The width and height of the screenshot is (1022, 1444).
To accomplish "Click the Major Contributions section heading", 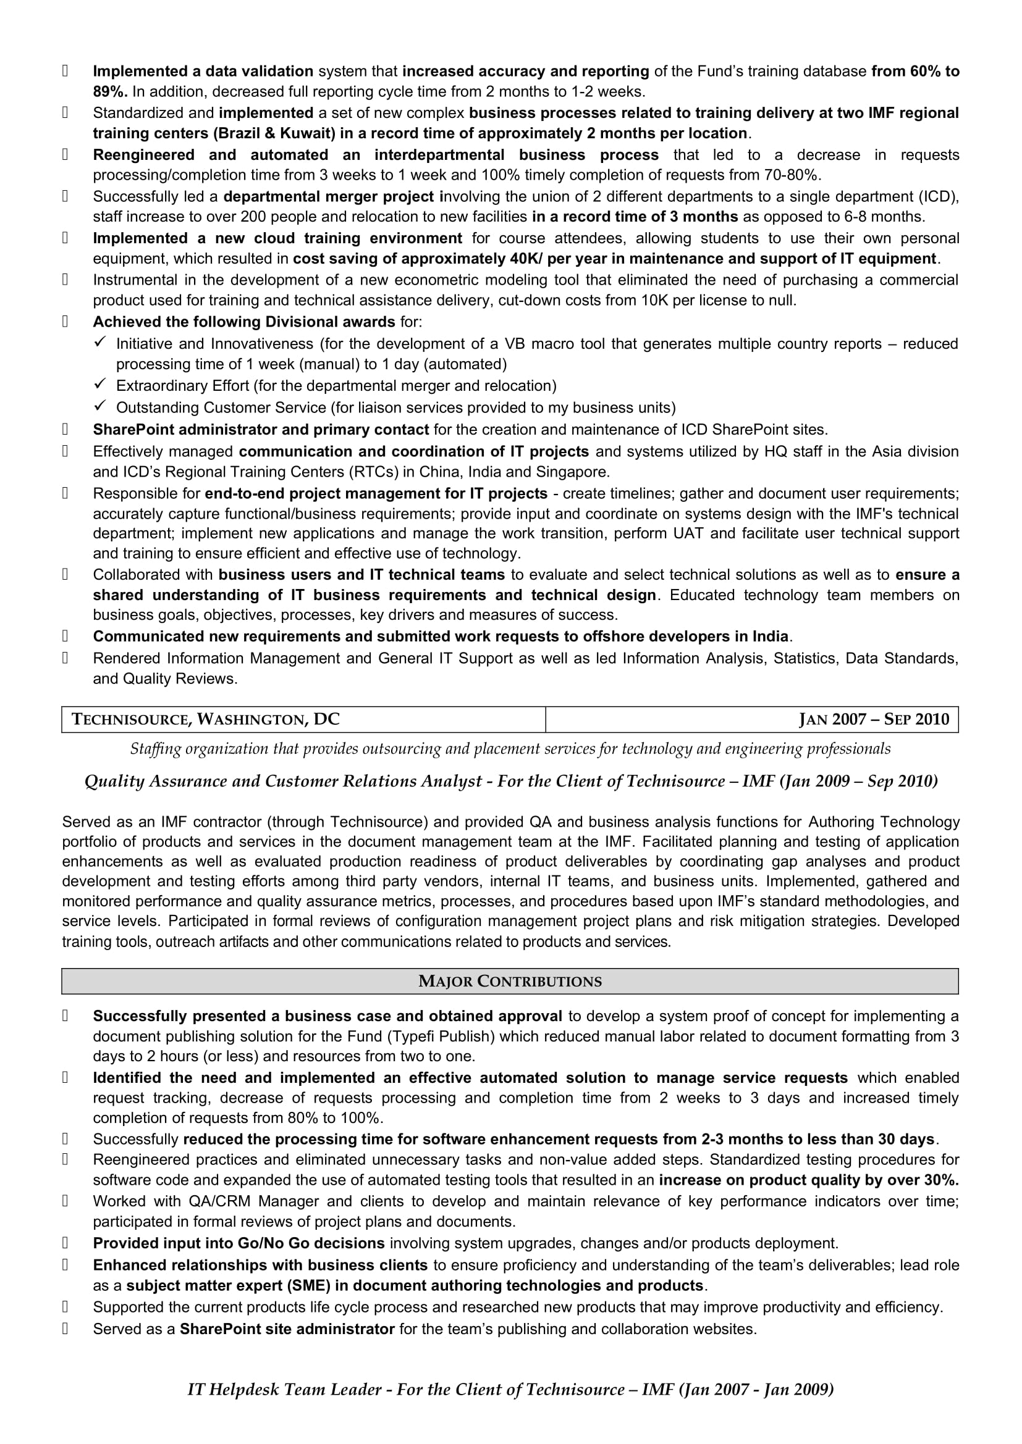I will [510, 981].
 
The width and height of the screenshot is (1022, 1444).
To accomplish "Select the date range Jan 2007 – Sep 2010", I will [874, 719].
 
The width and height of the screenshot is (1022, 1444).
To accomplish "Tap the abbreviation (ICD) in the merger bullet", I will [939, 196].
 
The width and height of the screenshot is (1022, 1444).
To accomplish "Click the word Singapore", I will [575, 472].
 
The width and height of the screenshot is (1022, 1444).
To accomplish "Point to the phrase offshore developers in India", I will [685, 636].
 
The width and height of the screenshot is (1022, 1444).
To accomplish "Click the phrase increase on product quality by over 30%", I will [809, 1180].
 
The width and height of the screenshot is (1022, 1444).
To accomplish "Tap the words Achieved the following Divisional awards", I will [243, 322].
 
